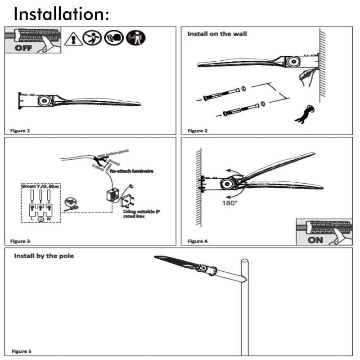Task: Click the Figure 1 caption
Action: coord(20,131)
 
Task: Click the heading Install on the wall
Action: coord(217,34)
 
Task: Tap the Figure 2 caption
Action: coord(198,131)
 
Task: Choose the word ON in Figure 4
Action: coord(315,239)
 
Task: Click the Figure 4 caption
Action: coord(198,242)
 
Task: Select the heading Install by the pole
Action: coord(44,256)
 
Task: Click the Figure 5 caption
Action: coord(21,351)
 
